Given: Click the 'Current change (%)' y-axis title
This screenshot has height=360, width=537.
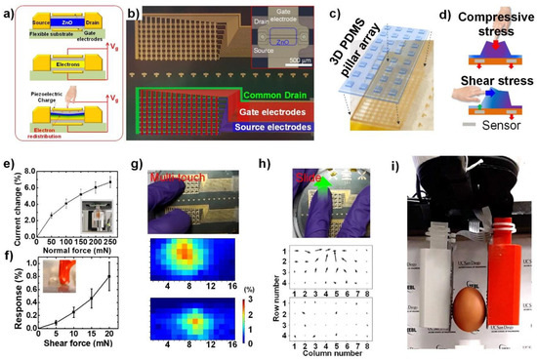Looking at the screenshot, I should click(10, 199).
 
